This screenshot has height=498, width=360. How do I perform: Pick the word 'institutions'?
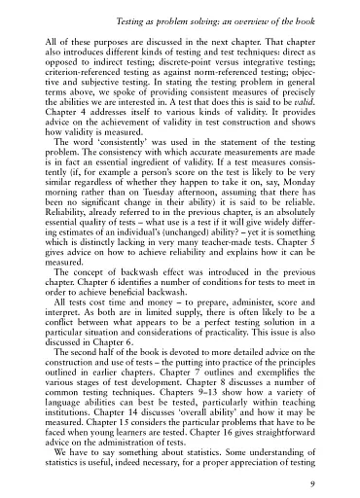tap(75, 423)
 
